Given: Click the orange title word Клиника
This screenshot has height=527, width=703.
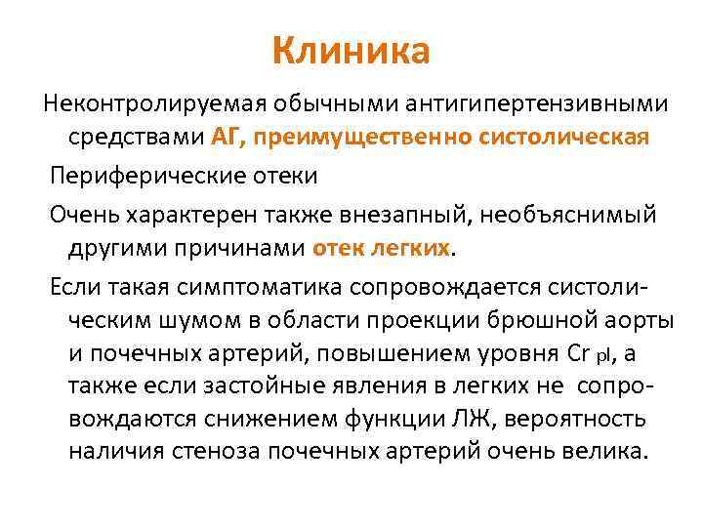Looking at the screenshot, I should (x=351, y=52).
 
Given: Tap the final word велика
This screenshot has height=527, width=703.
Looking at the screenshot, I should (x=610, y=452).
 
